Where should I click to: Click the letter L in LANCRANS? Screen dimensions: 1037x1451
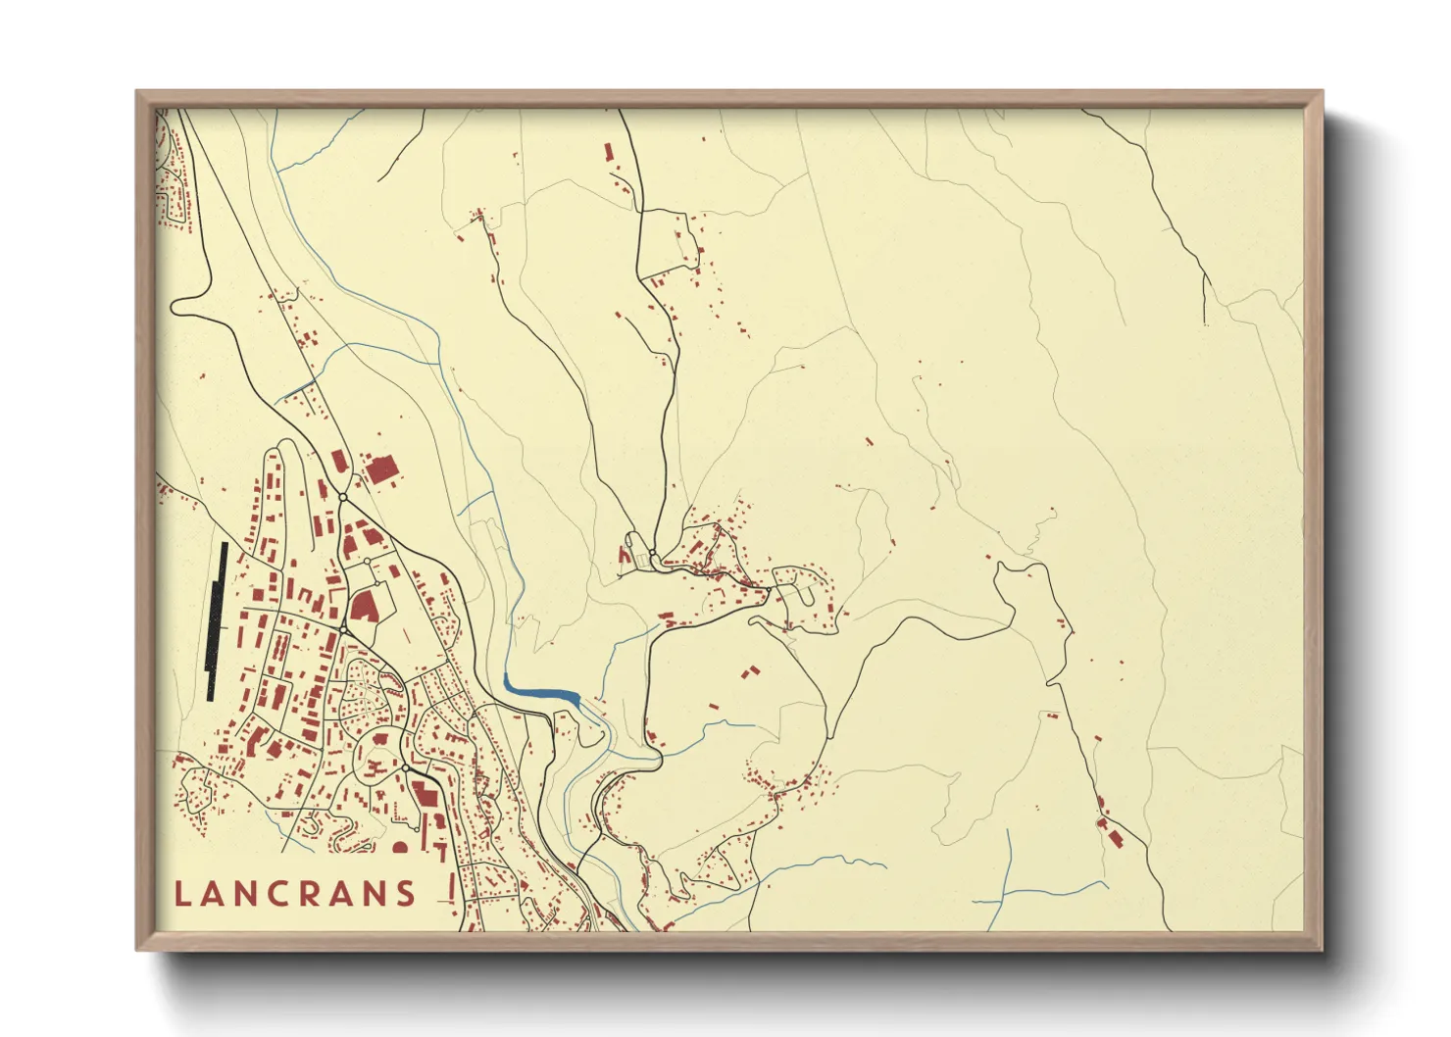point(182,894)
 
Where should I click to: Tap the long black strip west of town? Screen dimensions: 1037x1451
point(216,619)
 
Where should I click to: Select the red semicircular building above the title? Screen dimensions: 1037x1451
point(400,847)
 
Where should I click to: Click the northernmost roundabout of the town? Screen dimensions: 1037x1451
point(342,498)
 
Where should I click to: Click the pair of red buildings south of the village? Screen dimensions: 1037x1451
point(750,673)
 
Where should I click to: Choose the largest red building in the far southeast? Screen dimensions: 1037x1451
point(1113,835)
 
